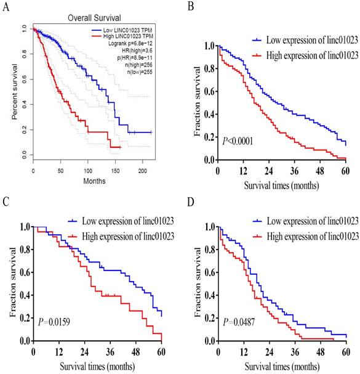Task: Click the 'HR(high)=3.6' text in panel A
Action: coord(136,52)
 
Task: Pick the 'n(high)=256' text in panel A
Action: coord(137,65)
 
